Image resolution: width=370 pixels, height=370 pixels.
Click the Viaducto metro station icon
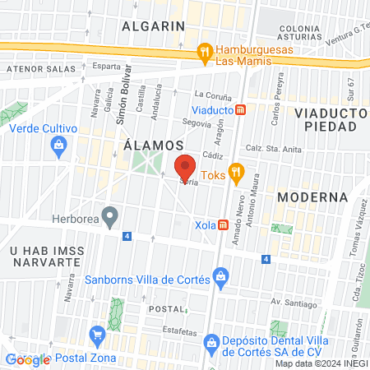point(240,109)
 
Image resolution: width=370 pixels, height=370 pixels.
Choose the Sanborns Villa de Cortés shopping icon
point(220,279)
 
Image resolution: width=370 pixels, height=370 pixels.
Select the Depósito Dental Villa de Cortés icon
point(212,340)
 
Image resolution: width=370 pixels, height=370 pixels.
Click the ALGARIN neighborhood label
point(153,25)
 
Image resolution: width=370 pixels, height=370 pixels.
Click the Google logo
point(27,359)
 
